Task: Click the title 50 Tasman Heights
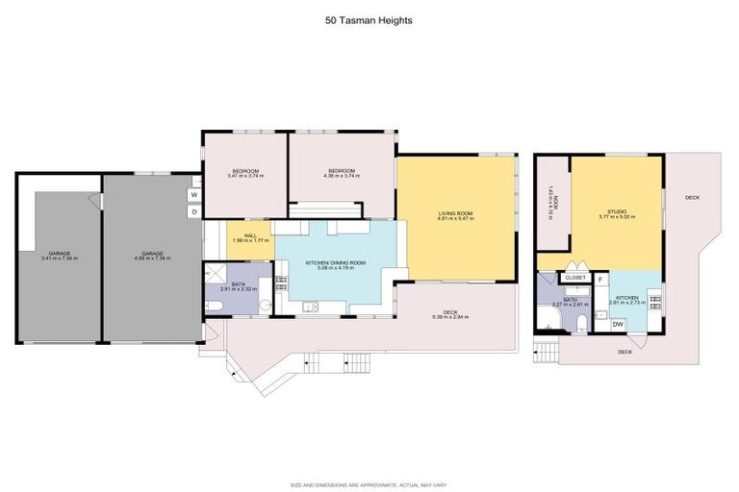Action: pos(369,18)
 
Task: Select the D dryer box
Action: pos(194,211)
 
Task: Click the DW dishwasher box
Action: pos(618,324)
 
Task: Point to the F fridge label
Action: pos(600,279)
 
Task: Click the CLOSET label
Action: pos(575,278)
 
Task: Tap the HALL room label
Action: pos(249,234)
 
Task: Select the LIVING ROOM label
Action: pos(456,212)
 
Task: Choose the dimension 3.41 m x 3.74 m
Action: pos(244,176)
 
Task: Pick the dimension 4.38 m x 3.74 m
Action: pos(341,176)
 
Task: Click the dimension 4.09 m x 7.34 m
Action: pos(152,258)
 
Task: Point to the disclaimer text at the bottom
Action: pos(369,484)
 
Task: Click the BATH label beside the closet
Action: pos(570,299)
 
